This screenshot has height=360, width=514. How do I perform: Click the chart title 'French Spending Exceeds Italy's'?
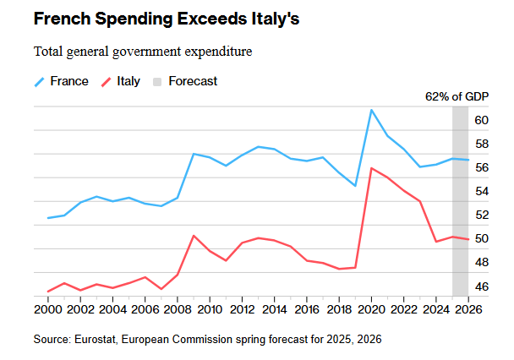coord(154,19)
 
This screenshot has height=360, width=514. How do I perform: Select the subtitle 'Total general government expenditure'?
coord(143,52)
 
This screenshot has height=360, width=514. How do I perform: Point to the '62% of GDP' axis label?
coord(456,96)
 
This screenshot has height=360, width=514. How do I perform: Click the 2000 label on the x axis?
coord(47,309)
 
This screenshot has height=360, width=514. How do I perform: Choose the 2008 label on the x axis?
coord(178,309)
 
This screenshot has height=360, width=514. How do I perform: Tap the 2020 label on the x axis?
coord(372,309)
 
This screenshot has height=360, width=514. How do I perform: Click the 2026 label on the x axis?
coord(468,309)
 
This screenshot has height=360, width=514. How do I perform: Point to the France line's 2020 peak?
coord(372,110)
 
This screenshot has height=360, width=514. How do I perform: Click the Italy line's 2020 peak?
coord(372,168)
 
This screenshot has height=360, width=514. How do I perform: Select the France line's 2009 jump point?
coord(194,154)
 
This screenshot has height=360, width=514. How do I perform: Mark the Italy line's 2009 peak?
coord(194,236)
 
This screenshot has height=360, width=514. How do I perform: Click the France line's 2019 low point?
coord(355,186)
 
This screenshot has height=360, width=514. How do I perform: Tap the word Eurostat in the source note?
coord(94,339)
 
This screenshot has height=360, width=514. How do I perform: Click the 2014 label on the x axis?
coord(275,309)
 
